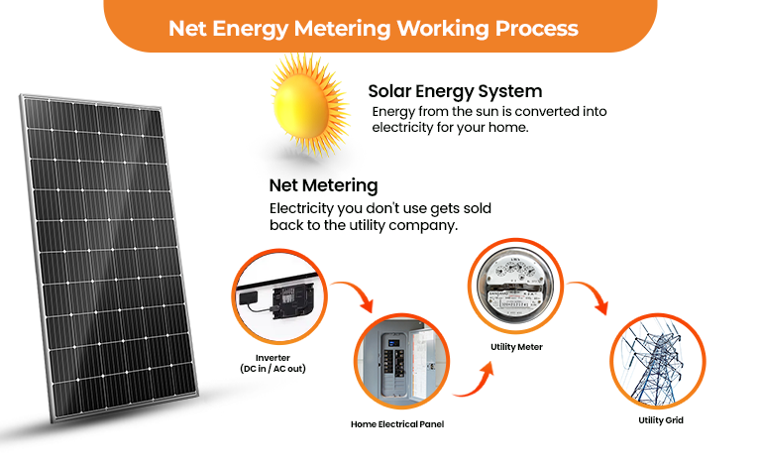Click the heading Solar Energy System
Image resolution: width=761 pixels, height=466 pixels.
pos(455,91)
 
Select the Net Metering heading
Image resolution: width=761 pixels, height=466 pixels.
pos(323,185)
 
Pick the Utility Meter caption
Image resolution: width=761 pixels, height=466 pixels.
pos(516,347)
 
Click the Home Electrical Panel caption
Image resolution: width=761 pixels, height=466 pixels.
pos(397,423)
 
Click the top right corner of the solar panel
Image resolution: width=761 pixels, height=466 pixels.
pos(163,109)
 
